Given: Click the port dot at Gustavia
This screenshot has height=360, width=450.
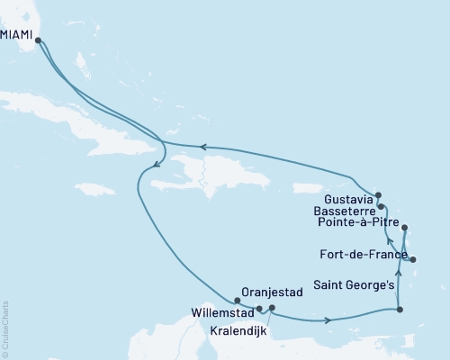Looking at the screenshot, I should pyautogui.click(x=379, y=195).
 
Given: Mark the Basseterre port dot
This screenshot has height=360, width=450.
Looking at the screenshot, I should pyautogui.click(x=382, y=206).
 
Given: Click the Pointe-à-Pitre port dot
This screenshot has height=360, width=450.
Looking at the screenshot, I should pyautogui.click(x=405, y=228).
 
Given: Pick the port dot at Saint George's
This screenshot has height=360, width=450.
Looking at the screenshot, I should pyautogui.click(x=399, y=310).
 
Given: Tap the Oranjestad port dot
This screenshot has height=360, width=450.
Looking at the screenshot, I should pyautogui.click(x=237, y=301).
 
